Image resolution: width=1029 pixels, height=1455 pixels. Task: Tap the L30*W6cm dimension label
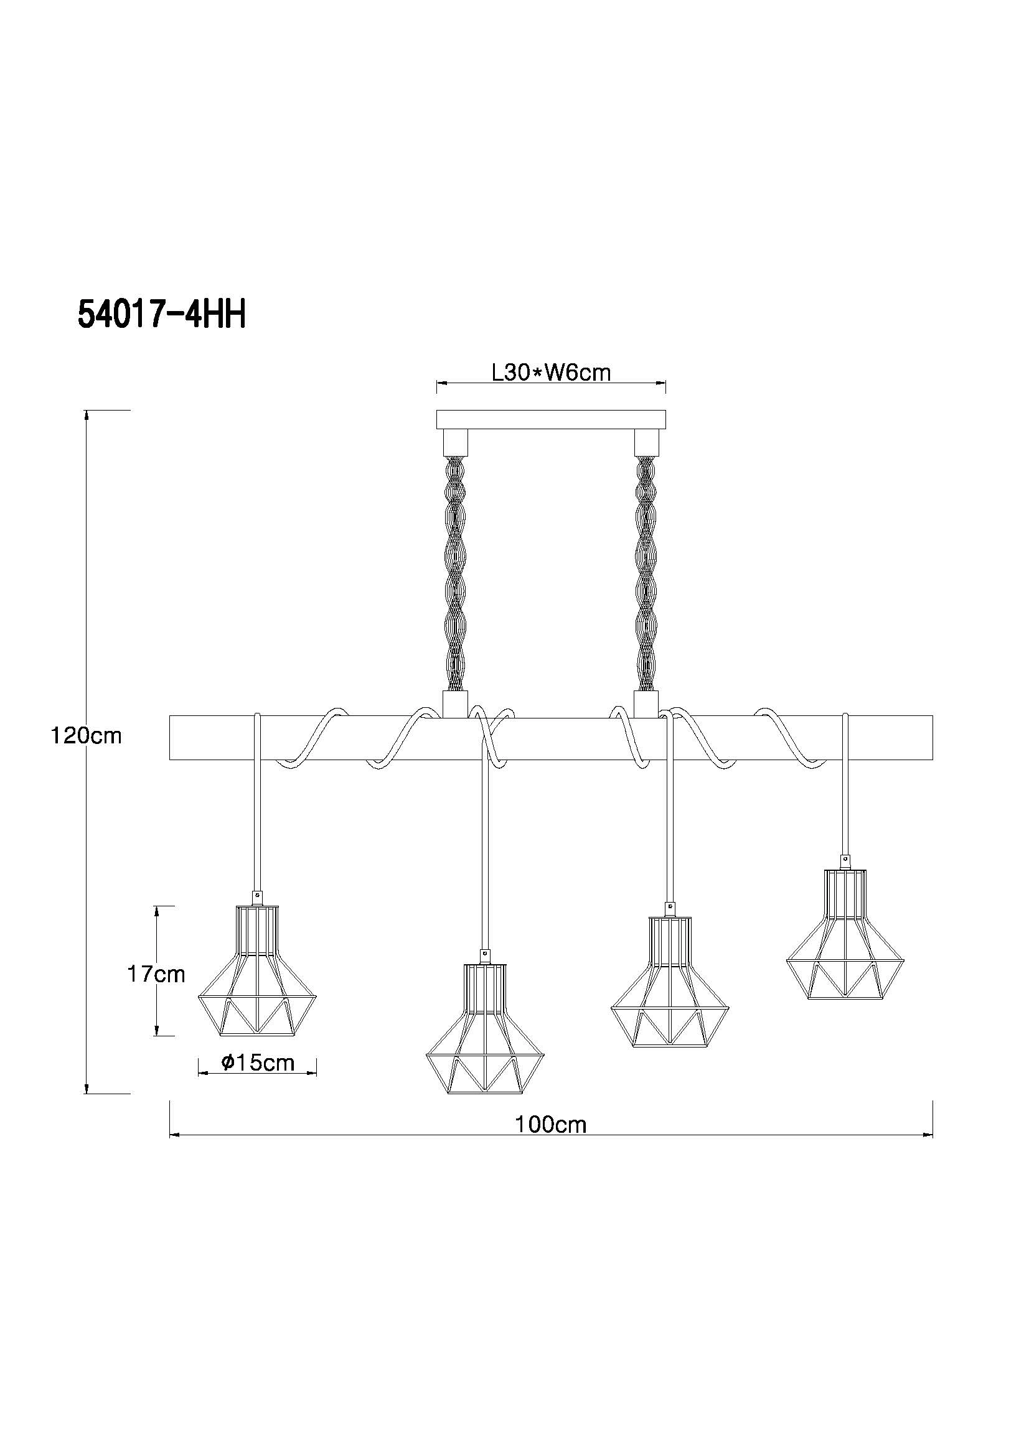[552, 372]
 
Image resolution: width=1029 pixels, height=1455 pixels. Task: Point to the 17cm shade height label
[157, 974]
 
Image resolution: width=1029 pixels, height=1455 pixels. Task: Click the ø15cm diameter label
[258, 1062]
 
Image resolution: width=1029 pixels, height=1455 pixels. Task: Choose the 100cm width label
[551, 1125]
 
